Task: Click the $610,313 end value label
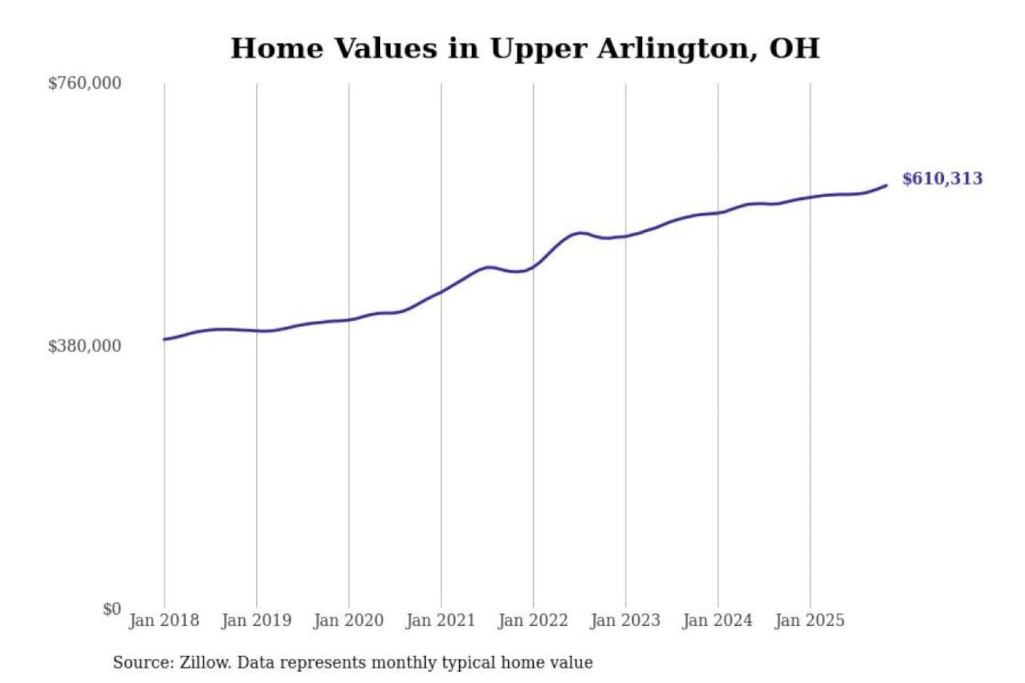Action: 942,179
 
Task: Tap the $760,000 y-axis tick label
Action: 85,83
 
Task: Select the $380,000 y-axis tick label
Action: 85,346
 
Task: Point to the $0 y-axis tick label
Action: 112,609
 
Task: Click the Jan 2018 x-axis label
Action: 164,620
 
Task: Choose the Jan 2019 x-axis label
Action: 256,620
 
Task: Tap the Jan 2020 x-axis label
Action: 348,620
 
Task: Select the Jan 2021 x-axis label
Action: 440,620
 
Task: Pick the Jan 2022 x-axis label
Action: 532,620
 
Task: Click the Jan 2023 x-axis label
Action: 625,620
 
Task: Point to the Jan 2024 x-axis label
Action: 717,620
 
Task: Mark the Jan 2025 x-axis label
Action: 809,620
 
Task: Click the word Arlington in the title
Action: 676,49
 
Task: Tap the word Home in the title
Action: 277,48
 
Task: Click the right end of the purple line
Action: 886,186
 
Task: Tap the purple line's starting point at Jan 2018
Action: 164,339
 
